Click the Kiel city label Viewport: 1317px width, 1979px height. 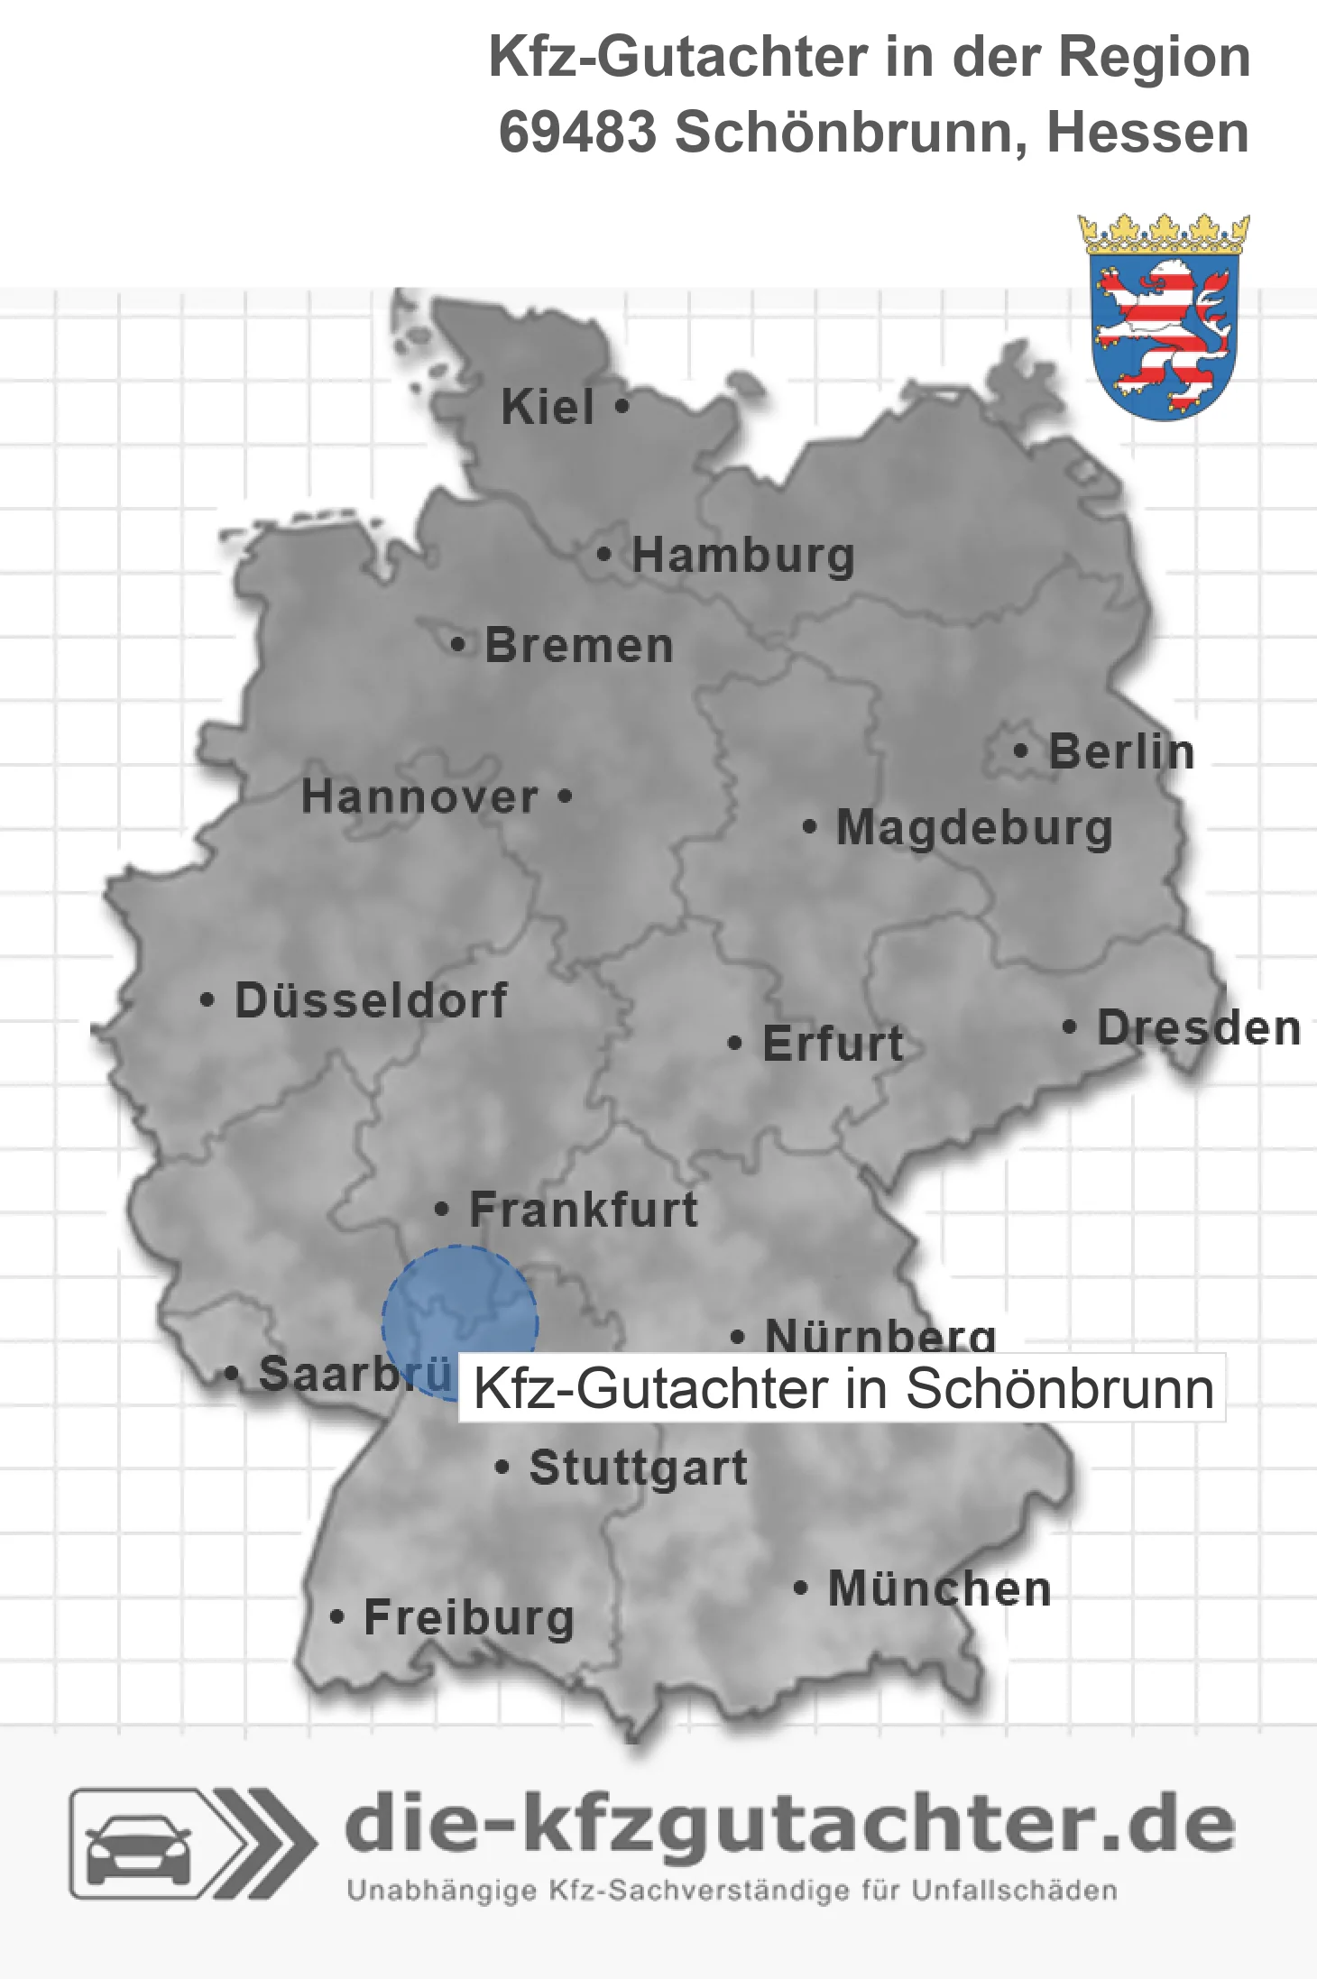coord(548,407)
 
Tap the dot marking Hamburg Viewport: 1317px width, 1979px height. coord(604,555)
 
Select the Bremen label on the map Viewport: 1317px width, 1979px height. coord(579,646)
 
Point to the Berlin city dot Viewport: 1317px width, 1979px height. coord(1020,750)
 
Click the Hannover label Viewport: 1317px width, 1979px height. coord(419,797)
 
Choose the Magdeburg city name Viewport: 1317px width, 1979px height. coord(974,828)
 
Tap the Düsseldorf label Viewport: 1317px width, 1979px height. coord(371,1000)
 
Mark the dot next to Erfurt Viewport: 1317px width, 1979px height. coord(734,1044)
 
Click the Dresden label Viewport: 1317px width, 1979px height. coord(1199,1028)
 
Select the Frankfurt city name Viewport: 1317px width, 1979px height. coord(584,1210)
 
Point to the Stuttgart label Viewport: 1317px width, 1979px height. coord(638,1468)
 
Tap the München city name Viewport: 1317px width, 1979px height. coord(940,1588)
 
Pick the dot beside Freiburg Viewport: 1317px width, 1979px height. coord(336,1617)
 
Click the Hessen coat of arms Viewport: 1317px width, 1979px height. coord(1164,318)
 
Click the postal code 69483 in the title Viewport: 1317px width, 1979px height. coord(577,133)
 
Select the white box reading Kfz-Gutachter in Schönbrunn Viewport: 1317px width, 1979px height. coord(842,1388)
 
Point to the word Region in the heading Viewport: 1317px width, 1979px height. coord(1154,57)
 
